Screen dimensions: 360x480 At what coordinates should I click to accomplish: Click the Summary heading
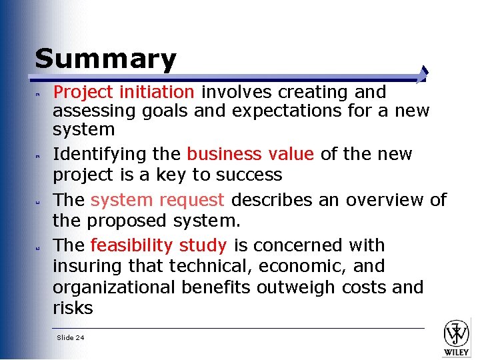pos(105,59)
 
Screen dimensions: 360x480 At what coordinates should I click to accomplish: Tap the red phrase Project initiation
pos(123,91)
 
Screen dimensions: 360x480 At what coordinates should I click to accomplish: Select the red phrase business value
pos(250,154)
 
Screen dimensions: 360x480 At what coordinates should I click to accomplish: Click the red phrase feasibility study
pos(159,245)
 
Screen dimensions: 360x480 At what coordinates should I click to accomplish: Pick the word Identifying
pos(93,154)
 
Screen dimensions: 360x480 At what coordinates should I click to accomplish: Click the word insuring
pos(81,266)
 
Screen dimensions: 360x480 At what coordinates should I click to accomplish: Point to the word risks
pos(73,308)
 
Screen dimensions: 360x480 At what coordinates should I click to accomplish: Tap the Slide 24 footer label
pos(71,338)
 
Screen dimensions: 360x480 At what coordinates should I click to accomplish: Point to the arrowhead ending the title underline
pos(425,73)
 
